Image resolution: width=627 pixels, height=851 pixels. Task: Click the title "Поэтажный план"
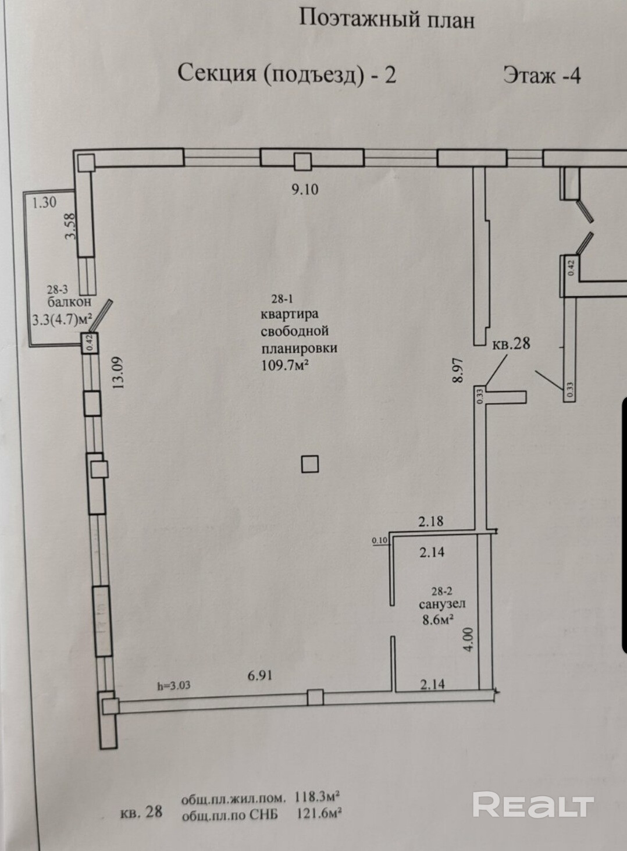point(387,19)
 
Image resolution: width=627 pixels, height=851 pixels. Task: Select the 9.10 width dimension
point(305,189)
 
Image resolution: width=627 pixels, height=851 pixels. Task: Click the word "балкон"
point(69,302)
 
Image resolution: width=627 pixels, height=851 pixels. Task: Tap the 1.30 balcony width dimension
point(44,202)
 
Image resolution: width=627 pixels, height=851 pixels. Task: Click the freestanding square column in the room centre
point(310,464)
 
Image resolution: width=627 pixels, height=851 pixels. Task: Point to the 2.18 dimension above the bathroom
point(430,521)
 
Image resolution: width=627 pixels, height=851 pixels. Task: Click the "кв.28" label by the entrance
point(511,344)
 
